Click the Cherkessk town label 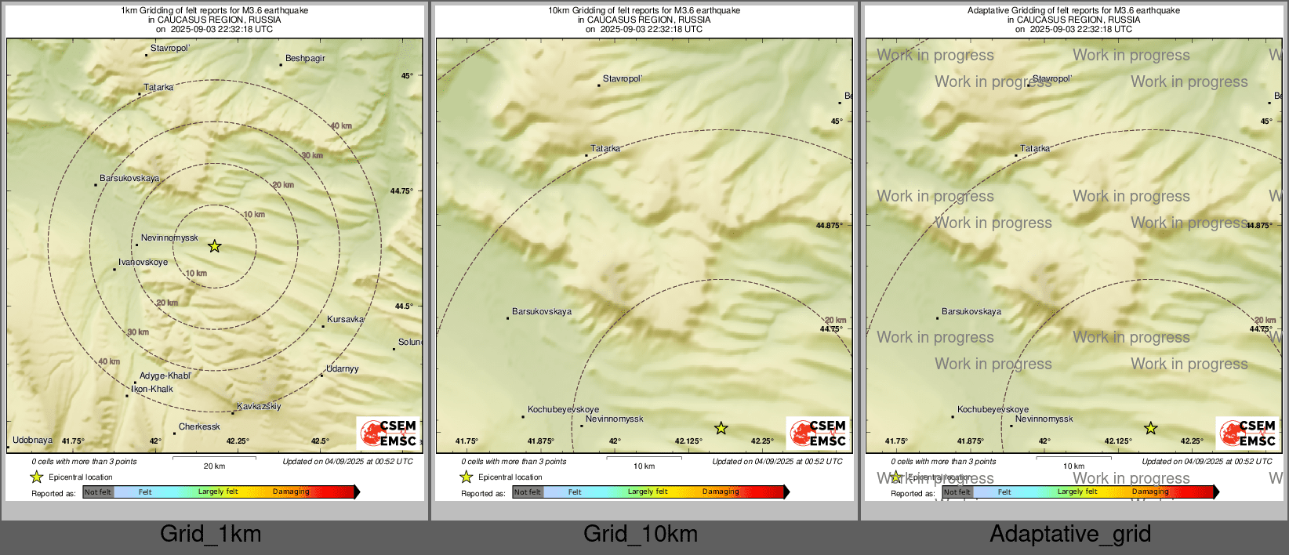click(x=199, y=427)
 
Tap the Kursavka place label click(x=346, y=320)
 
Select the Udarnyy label click(x=343, y=369)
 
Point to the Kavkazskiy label click(x=259, y=407)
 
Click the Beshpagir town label click(x=305, y=59)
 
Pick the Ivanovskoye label click(x=143, y=263)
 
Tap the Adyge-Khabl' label click(x=165, y=376)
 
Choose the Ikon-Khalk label click(x=152, y=390)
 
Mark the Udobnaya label click(x=33, y=441)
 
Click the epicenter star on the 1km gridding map click(x=214, y=246)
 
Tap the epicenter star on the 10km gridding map click(x=721, y=428)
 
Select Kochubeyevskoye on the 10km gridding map click(x=563, y=410)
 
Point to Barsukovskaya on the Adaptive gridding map click(x=971, y=312)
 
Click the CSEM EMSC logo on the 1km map click(x=388, y=433)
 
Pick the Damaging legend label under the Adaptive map click(x=1150, y=492)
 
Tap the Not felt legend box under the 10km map click(x=528, y=492)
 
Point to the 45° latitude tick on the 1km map click(x=407, y=76)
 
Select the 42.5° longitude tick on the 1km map click(x=320, y=441)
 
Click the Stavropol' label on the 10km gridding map click(x=623, y=79)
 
